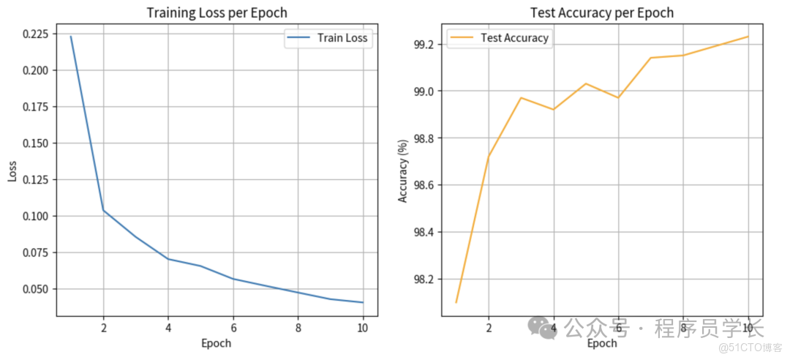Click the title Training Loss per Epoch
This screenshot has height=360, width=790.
point(217,12)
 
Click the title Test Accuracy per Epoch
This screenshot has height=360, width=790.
point(602,12)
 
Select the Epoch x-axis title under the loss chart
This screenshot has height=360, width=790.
point(217,343)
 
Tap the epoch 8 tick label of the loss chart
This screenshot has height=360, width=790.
point(298,329)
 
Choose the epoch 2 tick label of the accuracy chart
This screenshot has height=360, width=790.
point(489,329)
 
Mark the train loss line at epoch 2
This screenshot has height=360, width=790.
point(103,210)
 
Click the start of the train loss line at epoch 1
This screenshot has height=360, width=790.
point(71,36)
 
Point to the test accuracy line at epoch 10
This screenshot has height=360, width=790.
point(748,37)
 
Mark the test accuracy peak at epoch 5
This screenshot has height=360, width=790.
point(586,83)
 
